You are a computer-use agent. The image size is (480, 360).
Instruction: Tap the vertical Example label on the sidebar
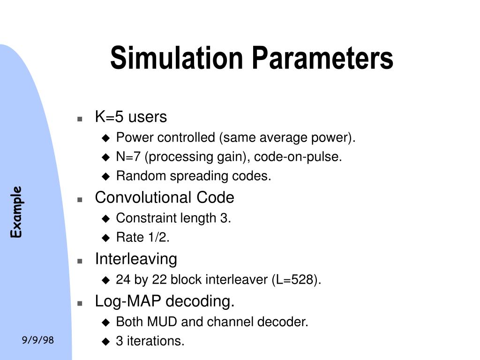pyautogui.click(x=17, y=212)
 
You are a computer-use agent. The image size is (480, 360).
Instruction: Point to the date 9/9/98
pyautogui.click(x=38, y=340)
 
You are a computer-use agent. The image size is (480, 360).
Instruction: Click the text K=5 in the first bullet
pyautogui.click(x=107, y=117)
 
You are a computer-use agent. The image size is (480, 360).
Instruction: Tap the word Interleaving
pyautogui.click(x=136, y=259)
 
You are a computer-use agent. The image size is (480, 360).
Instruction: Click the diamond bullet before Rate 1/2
pyautogui.click(x=105, y=238)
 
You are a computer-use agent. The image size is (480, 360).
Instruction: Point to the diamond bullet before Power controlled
pyautogui.click(x=105, y=138)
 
